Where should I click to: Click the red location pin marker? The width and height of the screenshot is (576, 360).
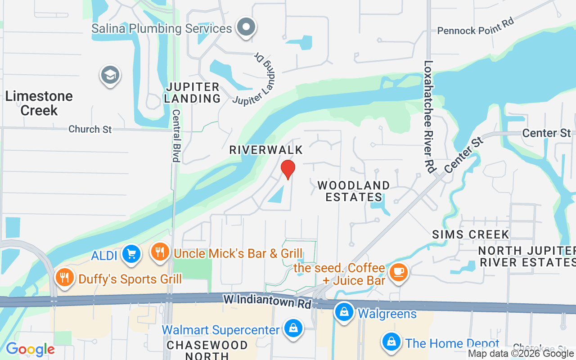click(x=288, y=169)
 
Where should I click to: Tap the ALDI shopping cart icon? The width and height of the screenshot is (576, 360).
click(x=131, y=254)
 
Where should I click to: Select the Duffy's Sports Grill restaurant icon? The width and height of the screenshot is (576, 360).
click(x=65, y=277)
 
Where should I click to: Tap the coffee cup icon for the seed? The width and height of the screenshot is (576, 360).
click(x=398, y=272)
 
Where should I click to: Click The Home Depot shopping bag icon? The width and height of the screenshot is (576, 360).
click(x=391, y=342)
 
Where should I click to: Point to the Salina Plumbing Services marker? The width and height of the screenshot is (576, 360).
click(x=246, y=27)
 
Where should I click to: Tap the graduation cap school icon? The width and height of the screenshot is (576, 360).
click(x=110, y=75)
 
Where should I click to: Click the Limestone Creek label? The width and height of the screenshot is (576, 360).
click(x=39, y=103)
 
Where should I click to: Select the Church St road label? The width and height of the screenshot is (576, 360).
click(x=90, y=129)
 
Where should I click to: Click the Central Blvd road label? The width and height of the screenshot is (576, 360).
click(x=176, y=135)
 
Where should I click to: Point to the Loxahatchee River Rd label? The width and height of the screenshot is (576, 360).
click(x=429, y=117)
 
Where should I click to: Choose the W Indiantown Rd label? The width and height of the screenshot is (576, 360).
click(x=267, y=301)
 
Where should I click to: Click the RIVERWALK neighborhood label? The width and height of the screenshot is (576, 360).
click(x=266, y=150)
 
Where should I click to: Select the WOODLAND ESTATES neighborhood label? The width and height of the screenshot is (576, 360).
click(x=354, y=191)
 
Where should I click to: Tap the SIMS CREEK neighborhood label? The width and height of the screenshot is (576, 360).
click(x=471, y=234)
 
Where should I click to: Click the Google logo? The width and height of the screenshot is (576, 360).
click(x=30, y=349)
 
